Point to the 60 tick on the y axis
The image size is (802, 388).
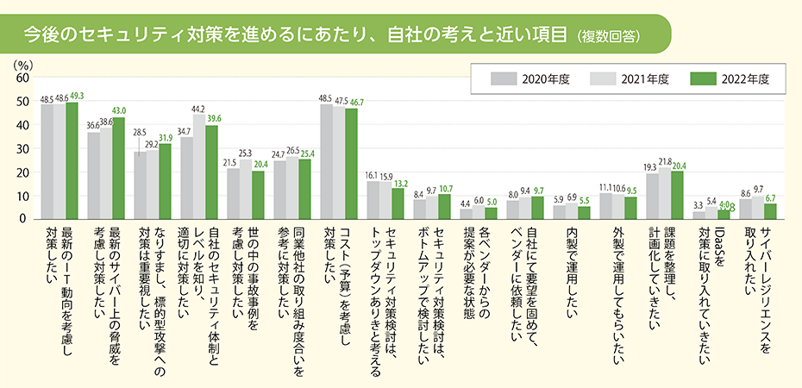pyautogui.click(x=22, y=78)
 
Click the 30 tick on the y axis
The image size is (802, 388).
pyautogui.click(x=22, y=148)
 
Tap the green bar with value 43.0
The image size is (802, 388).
pyautogui.click(x=118, y=169)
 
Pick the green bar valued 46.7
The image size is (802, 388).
pyautogui.click(x=351, y=164)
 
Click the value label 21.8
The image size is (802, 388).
pyautogui.click(x=665, y=161)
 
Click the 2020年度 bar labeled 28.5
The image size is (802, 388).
pyautogui.click(x=140, y=185)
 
